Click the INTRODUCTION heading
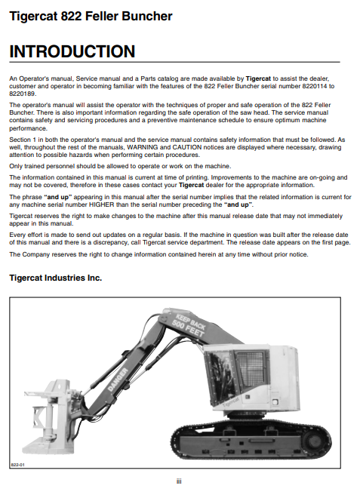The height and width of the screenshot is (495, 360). point(72,51)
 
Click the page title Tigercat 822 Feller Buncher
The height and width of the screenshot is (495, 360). point(91,16)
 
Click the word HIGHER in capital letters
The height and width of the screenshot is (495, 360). point(102,204)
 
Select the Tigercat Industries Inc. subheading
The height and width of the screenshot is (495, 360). point(56,278)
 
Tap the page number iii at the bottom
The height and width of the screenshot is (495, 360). point(179,481)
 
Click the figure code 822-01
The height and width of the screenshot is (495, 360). point(17,465)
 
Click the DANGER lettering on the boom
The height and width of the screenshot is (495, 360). point(118,379)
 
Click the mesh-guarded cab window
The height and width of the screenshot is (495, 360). point(251,370)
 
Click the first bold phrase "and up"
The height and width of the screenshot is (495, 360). point(58,197)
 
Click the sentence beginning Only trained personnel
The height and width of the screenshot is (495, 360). point(120,166)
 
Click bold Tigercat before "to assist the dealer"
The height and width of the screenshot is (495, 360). point(258,78)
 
